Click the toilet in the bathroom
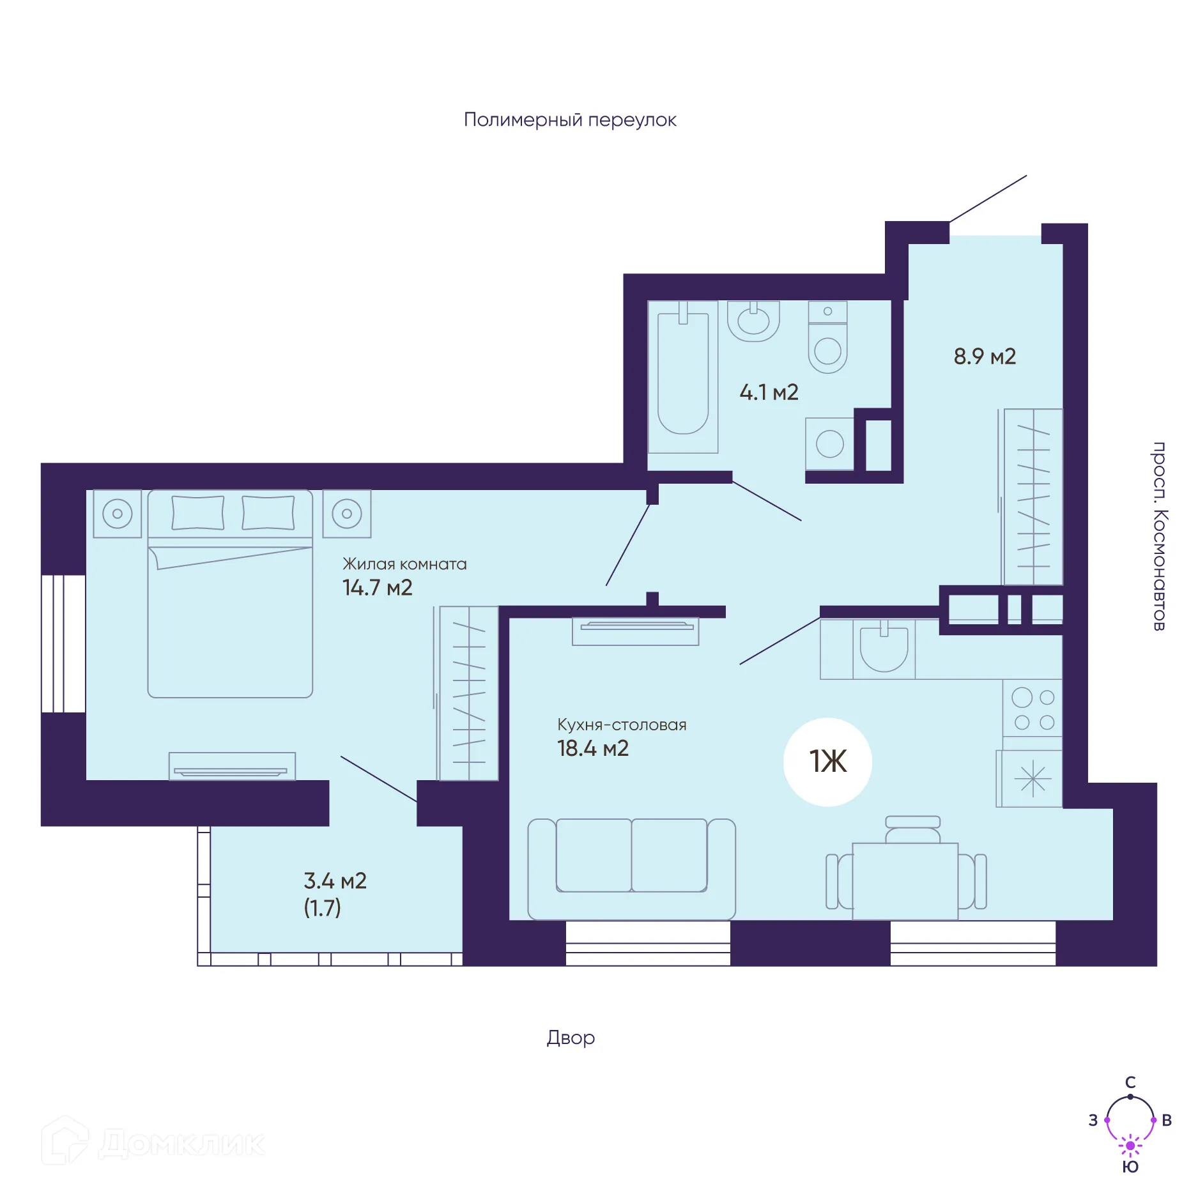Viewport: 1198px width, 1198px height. [827, 337]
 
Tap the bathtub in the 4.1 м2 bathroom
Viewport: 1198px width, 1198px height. [683, 377]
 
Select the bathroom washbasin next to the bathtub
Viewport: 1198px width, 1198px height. [753, 321]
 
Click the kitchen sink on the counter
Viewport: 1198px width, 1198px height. [884, 649]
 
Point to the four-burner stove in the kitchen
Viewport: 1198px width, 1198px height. [1033, 709]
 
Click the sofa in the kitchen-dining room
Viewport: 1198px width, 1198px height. [631, 868]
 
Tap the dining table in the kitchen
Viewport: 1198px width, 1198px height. [905, 881]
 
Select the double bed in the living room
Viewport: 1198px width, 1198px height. [230, 594]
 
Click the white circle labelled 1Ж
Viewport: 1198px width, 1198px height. [827, 762]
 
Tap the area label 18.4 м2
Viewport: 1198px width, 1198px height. [593, 748]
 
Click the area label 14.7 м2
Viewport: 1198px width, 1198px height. [377, 588]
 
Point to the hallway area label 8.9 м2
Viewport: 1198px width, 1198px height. [985, 357]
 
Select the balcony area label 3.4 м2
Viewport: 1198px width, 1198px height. [335, 881]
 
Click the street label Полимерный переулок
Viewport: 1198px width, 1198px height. [570, 120]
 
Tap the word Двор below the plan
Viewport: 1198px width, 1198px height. [571, 1038]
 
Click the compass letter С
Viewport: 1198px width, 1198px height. [1130, 1082]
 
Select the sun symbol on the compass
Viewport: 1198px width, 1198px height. [1130, 1146]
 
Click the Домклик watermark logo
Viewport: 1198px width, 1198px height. [153, 1142]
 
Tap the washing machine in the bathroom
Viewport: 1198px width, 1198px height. [829, 444]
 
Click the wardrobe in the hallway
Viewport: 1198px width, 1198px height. [1033, 497]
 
